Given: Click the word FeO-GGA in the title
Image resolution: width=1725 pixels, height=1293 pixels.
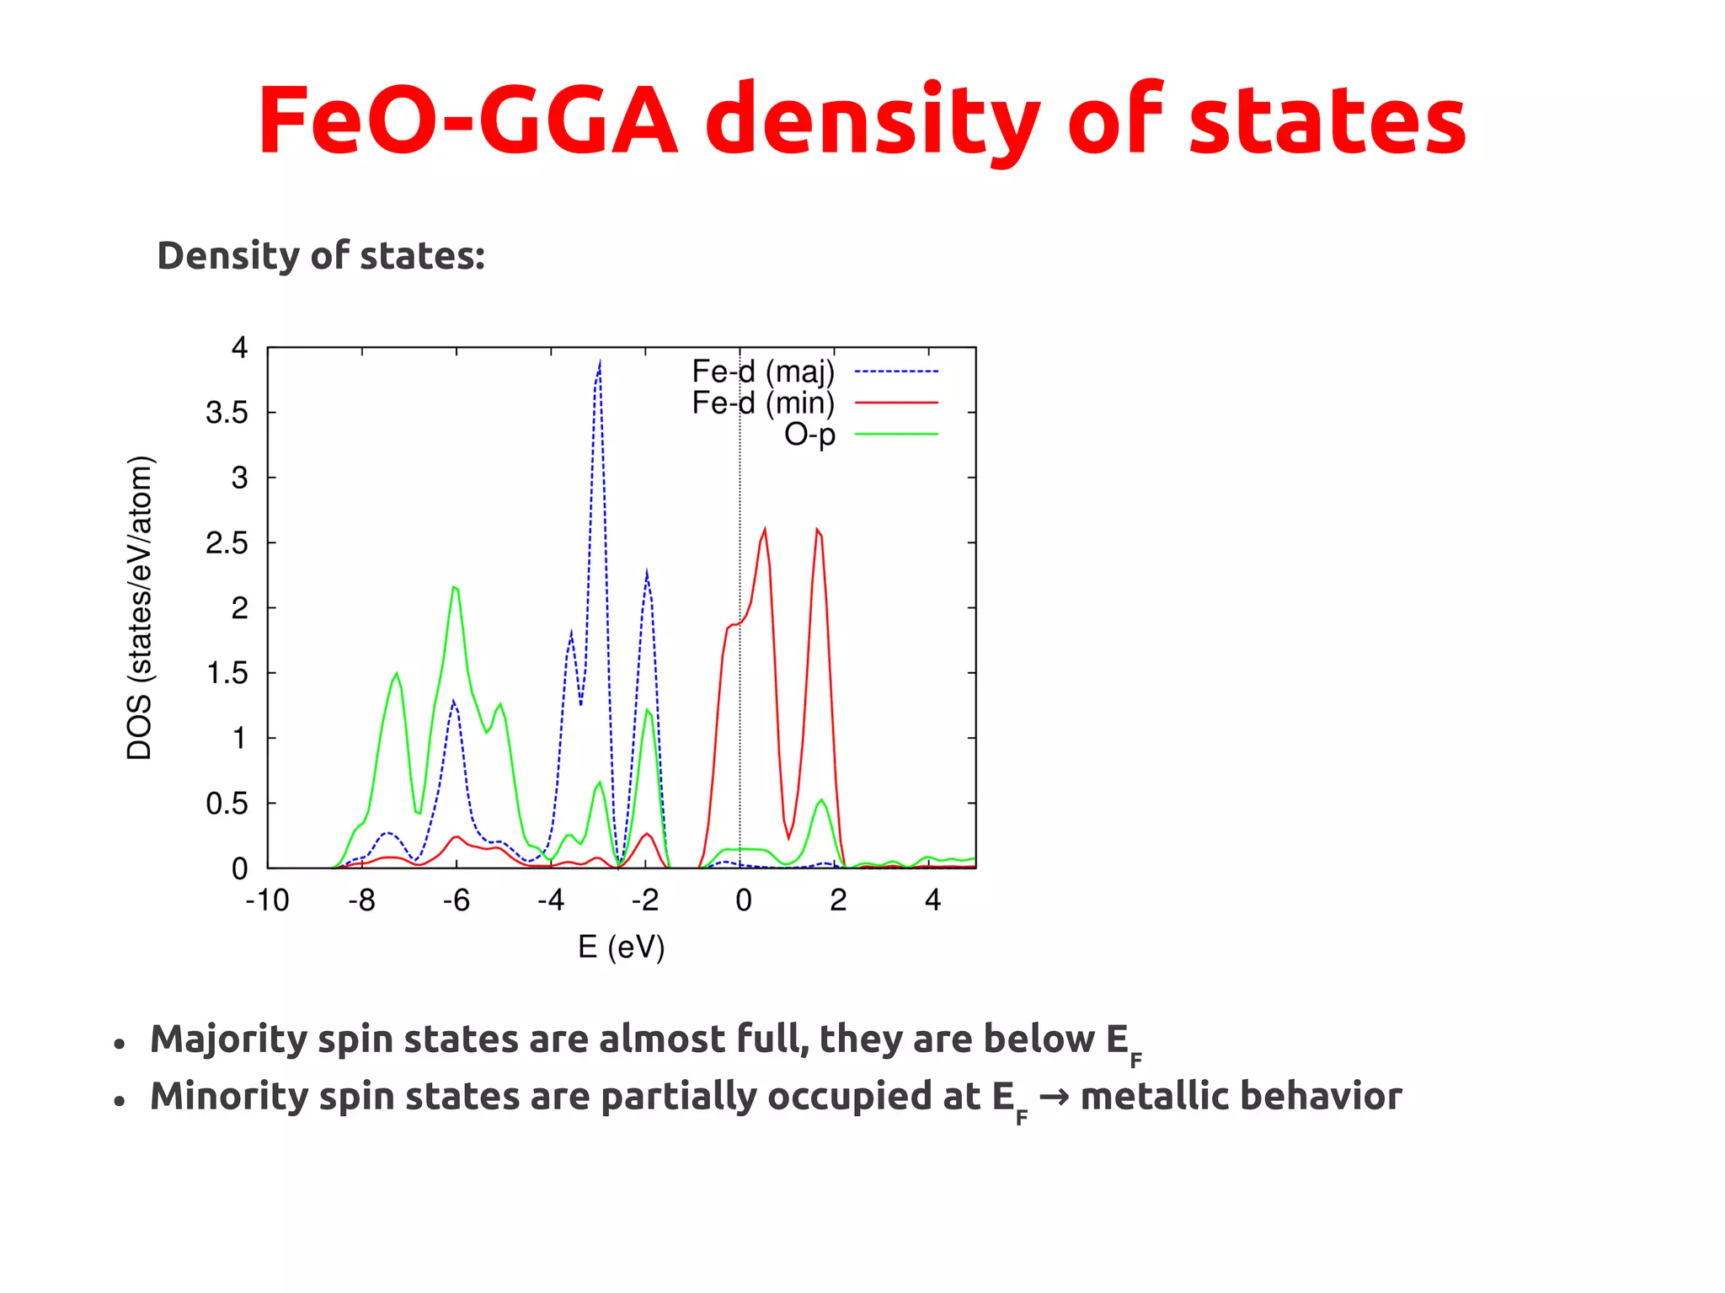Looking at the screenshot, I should tap(467, 120).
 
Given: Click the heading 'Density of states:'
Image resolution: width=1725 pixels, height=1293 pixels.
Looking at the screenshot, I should tap(321, 255).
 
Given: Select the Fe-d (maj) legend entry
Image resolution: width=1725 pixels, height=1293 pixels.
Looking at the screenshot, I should tap(763, 371).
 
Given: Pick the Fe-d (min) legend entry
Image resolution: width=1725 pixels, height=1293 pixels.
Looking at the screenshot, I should tap(763, 403).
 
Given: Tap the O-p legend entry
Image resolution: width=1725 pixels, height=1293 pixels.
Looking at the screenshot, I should tap(809, 435).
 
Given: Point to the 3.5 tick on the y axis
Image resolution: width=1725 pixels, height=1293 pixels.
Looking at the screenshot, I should tap(227, 413).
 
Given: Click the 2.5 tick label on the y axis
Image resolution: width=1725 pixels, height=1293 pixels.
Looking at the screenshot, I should tap(227, 543).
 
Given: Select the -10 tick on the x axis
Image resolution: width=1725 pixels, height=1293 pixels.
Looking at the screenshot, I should tap(267, 900).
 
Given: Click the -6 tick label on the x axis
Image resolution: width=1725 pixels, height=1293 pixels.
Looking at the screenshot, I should tap(456, 900).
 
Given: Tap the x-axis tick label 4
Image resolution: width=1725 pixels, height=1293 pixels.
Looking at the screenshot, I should tap(932, 900).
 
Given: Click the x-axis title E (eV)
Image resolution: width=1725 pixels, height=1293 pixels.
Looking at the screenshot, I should tap(622, 947).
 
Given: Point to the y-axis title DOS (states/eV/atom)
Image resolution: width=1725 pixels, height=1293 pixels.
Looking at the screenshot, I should tap(140, 607).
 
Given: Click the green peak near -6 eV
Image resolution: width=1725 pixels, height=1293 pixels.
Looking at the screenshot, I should tap(455, 588).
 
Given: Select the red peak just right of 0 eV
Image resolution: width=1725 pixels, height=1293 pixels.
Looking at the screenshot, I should tap(764, 531).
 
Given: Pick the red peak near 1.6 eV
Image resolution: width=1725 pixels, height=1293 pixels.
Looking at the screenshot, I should tap(817, 531).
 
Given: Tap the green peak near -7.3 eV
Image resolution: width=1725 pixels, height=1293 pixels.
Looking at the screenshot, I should tap(397, 674).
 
